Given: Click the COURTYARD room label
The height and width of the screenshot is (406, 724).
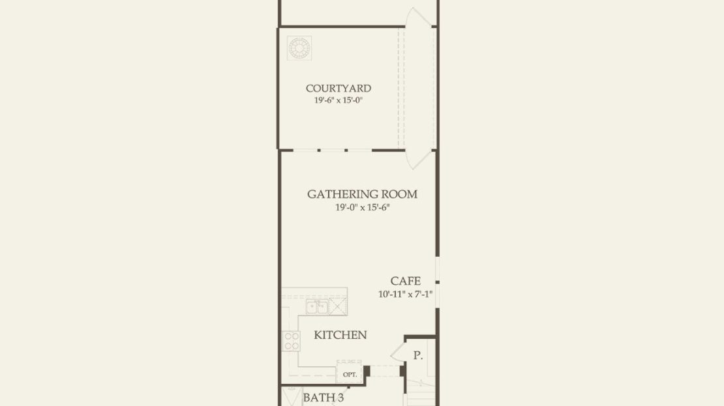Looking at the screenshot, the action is point(339,88).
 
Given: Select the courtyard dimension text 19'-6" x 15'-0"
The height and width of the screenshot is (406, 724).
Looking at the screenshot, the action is point(339,100).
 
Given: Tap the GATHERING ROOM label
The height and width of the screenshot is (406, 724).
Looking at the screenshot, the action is point(363,194).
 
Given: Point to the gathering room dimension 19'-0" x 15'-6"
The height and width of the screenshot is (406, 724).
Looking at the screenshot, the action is point(363,208).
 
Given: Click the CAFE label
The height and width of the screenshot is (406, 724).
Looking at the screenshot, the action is point(406,281).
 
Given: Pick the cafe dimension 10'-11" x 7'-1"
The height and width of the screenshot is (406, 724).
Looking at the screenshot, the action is point(406,294).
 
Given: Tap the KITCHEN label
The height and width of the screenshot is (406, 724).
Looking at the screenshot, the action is point(340,335).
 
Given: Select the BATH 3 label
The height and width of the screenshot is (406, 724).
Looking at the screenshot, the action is point(324,398).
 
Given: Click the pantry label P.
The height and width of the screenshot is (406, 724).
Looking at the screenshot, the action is point(418,355).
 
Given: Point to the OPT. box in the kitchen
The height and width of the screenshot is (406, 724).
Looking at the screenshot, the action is point(350,373).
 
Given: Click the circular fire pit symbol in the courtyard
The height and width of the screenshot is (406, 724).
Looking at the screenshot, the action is point(299,48).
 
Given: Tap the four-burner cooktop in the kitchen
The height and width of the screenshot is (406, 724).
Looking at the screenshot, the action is point(292,341).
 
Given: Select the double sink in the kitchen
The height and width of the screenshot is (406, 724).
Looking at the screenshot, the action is point(317,307).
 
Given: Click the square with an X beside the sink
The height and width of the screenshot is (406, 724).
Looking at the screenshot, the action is point(338,306).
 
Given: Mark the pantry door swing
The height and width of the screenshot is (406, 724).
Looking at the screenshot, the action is point(398,353).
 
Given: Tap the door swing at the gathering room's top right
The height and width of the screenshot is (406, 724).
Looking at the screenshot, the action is point(417,160).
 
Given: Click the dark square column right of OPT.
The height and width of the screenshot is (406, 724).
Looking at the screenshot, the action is point(367,371).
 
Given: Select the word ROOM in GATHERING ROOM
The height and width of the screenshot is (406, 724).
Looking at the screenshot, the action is point(400,194).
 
